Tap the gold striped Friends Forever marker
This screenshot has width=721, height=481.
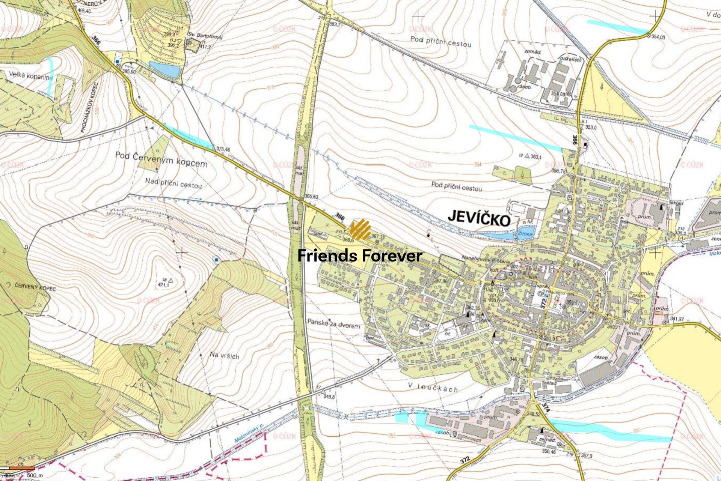(360, 230)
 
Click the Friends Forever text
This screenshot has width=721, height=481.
(360, 256)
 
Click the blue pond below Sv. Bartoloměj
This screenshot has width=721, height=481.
(164, 69)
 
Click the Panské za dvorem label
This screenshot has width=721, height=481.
(333, 323)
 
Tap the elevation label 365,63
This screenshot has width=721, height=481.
(311, 197)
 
